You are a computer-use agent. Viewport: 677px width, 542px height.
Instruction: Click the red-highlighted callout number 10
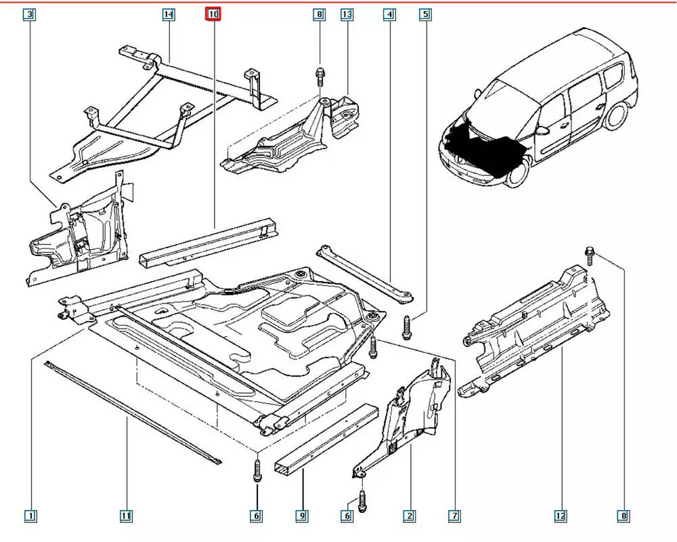pyautogui.click(x=213, y=14)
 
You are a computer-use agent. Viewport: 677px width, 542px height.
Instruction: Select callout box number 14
pyautogui.click(x=169, y=14)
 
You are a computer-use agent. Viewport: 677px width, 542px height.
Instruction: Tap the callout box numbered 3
pyautogui.click(x=30, y=14)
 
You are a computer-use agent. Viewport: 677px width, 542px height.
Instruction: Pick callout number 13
pyautogui.click(x=347, y=14)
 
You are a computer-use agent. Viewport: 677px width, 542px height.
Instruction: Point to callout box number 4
pyautogui.click(x=389, y=14)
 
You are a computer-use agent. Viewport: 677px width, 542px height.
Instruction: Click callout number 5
pyautogui.click(x=425, y=14)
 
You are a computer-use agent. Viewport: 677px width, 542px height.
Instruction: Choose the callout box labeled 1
pyautogui.click(x=30, y=516)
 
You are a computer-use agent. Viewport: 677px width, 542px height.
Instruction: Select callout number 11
pyautogui.click(x=126, y=516)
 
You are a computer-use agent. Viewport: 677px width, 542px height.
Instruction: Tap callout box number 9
pyautogui.click(x=302, y=516)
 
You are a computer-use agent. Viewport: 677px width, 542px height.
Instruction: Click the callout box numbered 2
pyautogui.click(x=409, y=516)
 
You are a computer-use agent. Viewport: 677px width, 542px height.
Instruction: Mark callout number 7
pyautogui.click(x=455, y=516)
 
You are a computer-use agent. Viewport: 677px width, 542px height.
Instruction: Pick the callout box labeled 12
pyautogui.click(x=561, y=516)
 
